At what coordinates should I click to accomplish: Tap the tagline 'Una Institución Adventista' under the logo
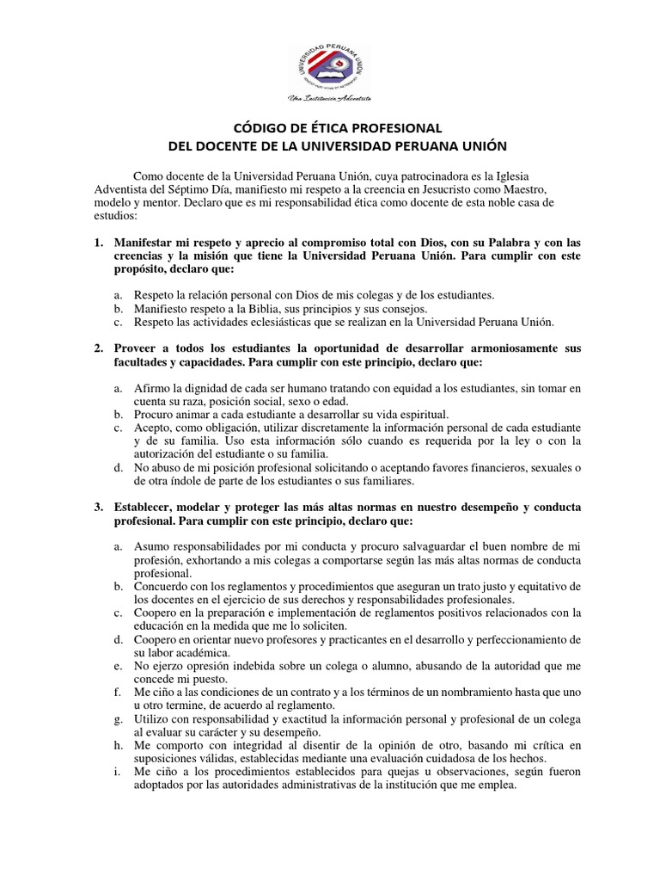[330, 99]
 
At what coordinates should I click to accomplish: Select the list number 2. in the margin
[99, 348]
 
